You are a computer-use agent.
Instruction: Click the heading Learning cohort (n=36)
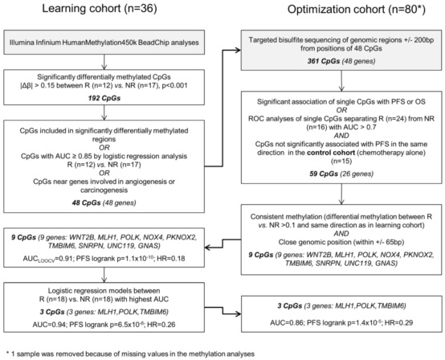(100, 9)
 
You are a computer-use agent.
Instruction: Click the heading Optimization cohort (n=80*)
(356, 10)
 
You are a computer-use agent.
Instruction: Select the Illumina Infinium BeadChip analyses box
(104, 43)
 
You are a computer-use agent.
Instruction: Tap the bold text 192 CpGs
(104, 98)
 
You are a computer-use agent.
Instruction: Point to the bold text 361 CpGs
(324, 61)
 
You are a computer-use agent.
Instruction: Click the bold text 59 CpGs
(324, 174)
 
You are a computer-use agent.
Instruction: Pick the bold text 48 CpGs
(86, 202)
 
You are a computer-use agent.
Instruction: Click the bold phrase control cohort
(331, 153)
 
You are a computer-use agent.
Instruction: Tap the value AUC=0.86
(286, 322)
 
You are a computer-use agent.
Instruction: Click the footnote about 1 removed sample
(130, 354)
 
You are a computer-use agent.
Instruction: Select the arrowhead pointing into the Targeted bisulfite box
(238, 51)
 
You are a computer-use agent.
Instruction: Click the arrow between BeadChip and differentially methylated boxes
(104, 62)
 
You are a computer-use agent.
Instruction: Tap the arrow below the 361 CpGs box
(341, 80)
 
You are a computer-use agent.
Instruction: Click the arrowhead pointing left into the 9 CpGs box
(208, 247)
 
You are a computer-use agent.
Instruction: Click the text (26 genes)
(357, 174)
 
